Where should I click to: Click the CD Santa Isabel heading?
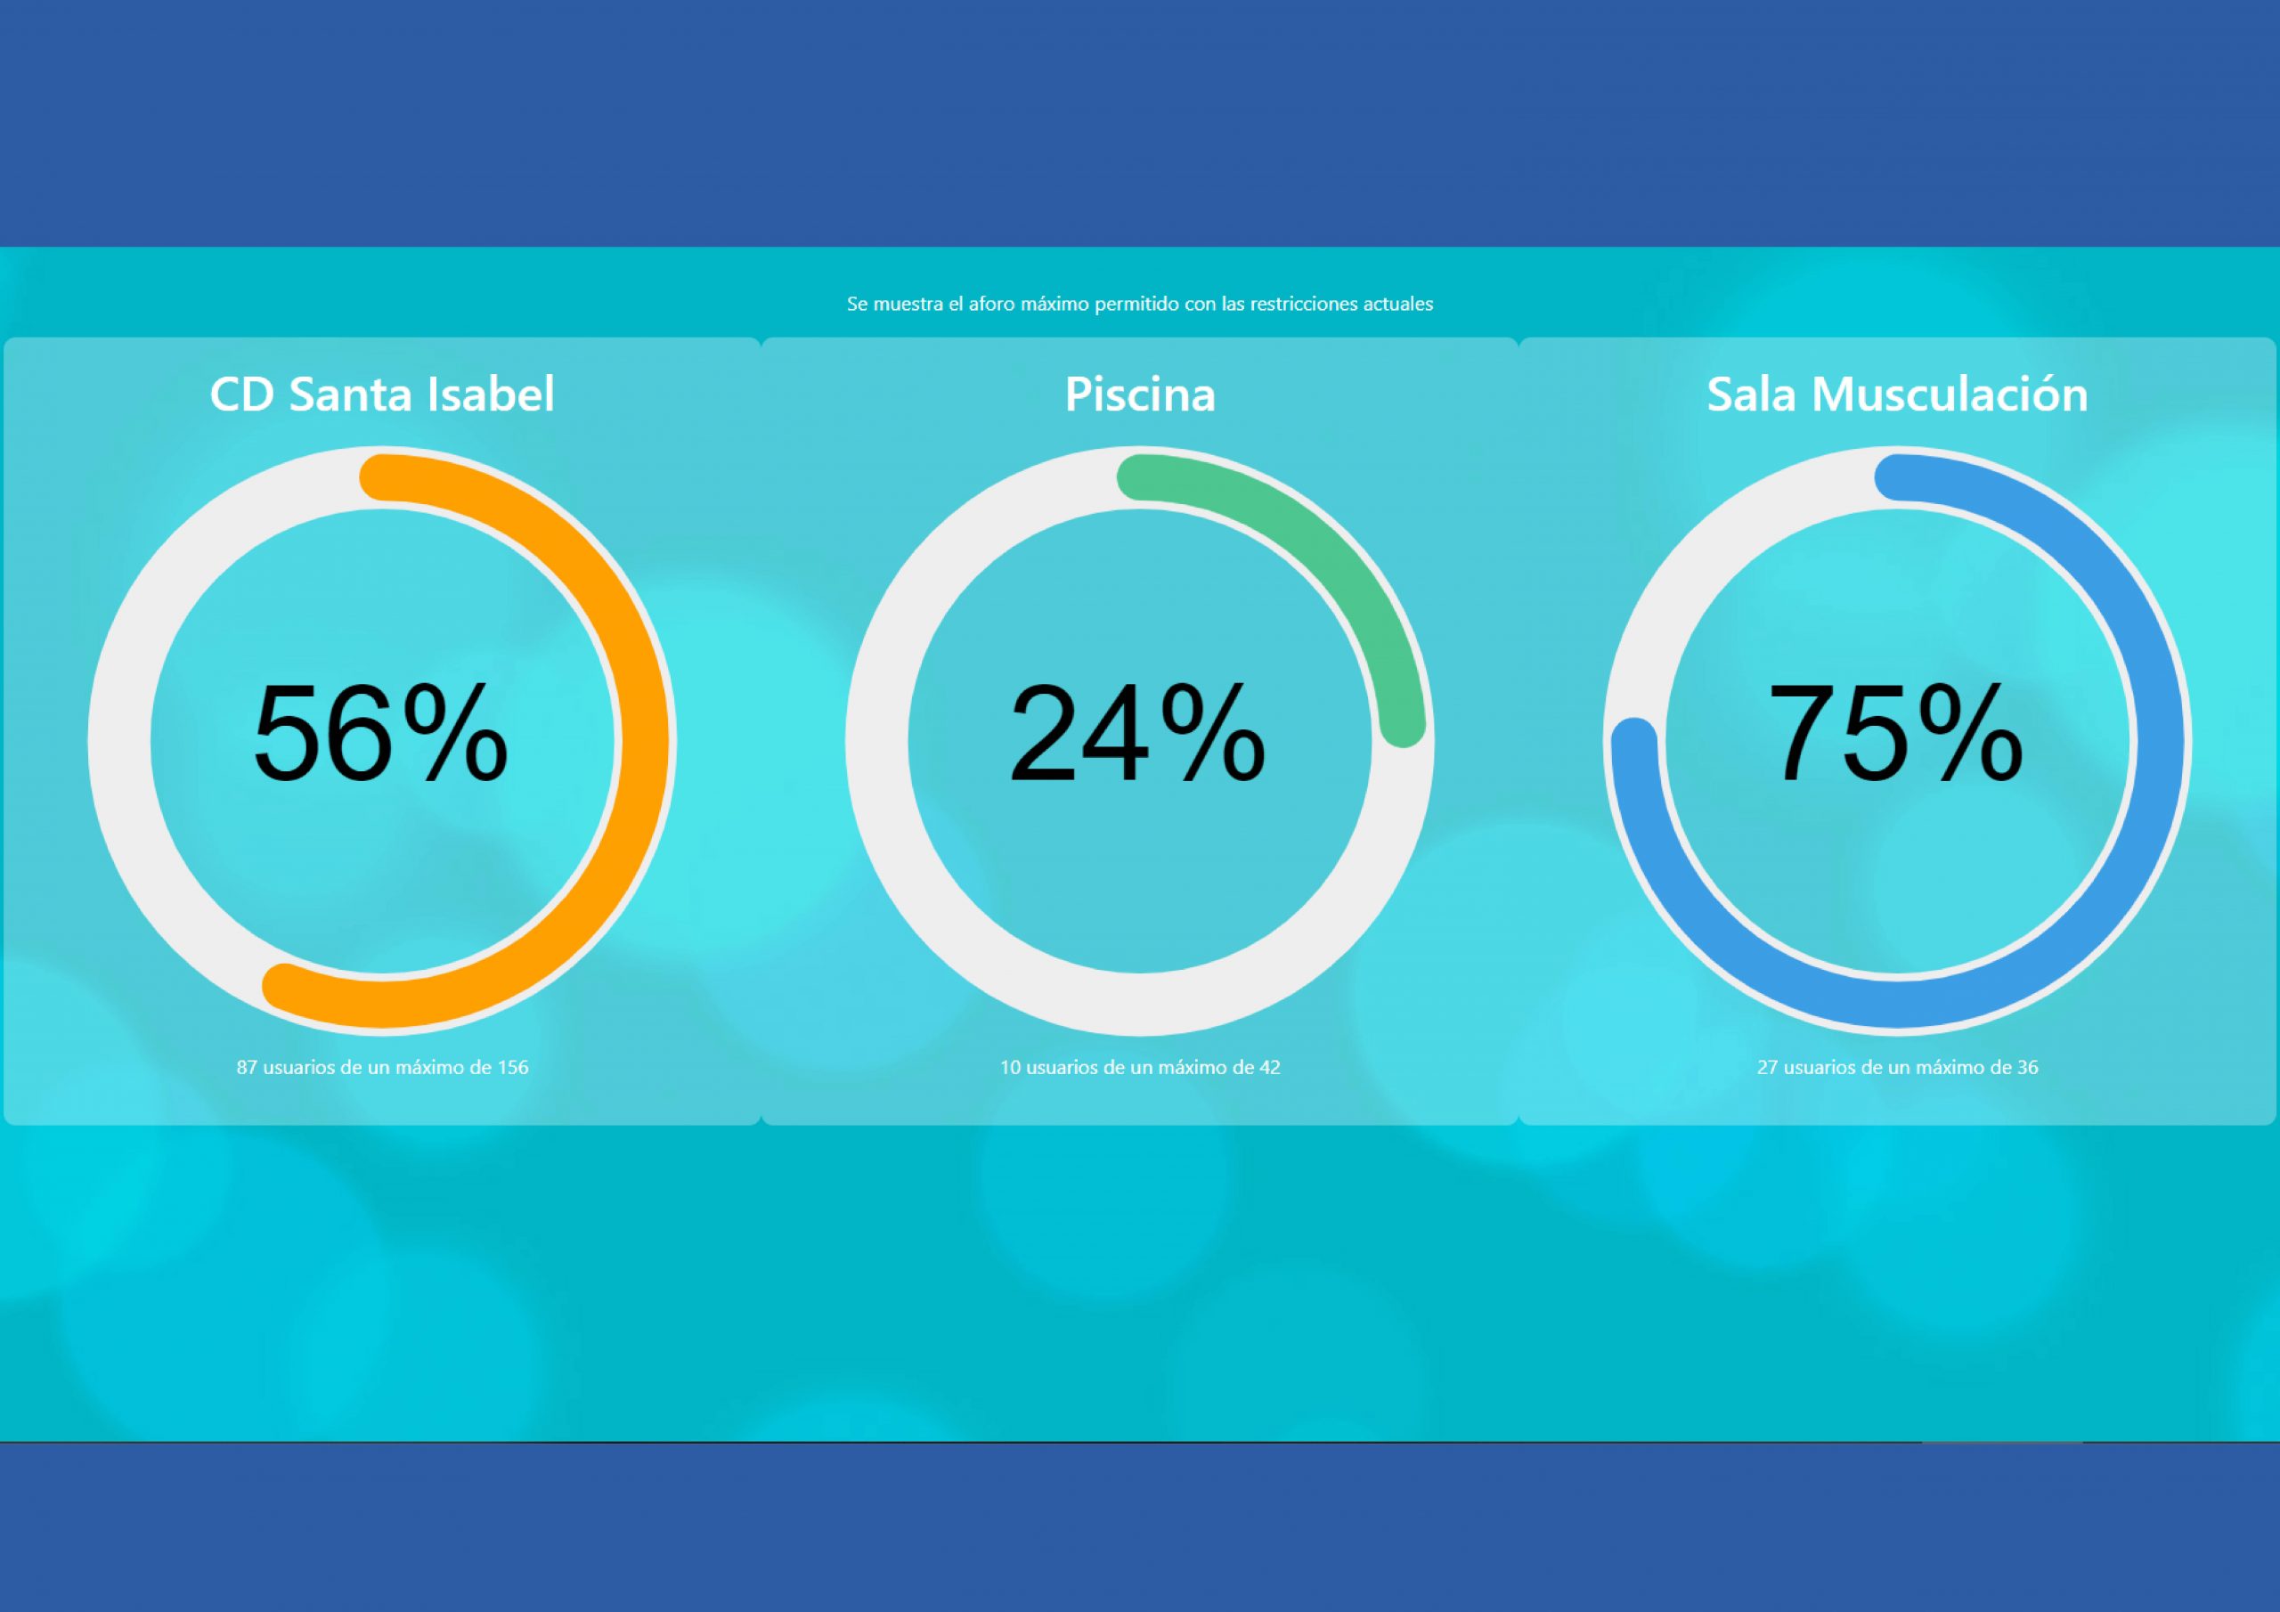point(382,395)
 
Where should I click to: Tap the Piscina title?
point(1140,395)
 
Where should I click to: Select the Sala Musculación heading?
point(1897,395)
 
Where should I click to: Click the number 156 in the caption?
point(512,1068)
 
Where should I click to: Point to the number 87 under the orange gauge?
point(247,1068)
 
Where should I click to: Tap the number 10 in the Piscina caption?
point(1010,1068)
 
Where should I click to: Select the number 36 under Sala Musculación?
point(2027,1068)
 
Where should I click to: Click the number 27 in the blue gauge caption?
point(1768,1068)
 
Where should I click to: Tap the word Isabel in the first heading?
point(491,395)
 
